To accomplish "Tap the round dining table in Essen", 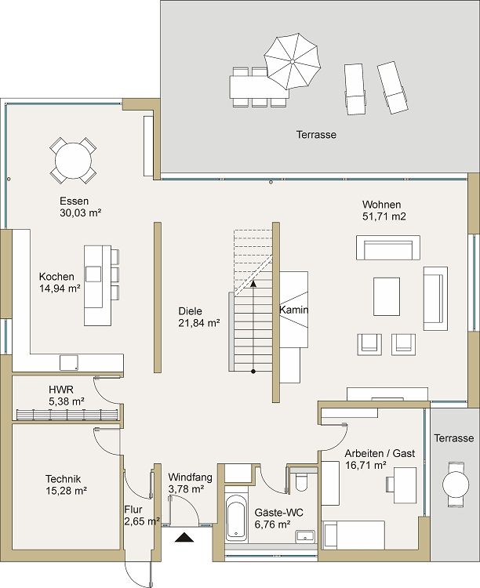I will pos(74,159).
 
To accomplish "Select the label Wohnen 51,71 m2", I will pos(384,209).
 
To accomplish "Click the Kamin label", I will pos(294,310).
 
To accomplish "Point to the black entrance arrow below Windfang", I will pos(184,537).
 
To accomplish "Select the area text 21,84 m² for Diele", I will pos(199,322).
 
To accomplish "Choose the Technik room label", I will pos(64,479).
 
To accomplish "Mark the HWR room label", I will pos(61,389).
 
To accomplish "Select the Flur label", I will pos(133,508).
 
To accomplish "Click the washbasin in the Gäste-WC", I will pos(304,535).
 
